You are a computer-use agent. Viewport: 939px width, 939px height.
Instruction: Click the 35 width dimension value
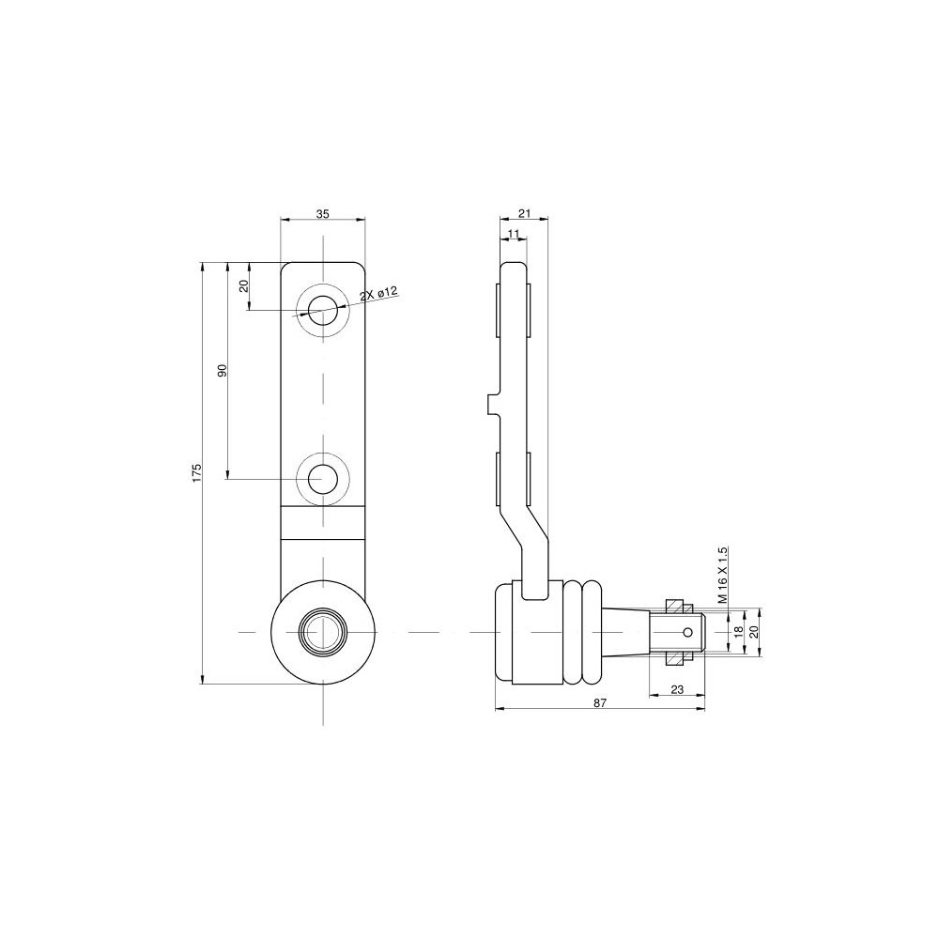(x=322, y=214)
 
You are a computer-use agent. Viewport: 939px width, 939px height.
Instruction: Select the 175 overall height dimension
(x=197, y=472)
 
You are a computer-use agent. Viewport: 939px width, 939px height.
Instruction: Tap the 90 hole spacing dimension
(x=223, y=371)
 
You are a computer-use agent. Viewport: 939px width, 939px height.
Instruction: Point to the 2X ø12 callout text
(x=378, y=295)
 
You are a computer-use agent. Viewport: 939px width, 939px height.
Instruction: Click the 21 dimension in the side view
(x=525, y=214)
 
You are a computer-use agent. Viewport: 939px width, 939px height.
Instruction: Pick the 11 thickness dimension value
(x=514, y=233)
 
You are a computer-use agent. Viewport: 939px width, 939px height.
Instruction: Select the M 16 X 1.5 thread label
(x=723, y=575)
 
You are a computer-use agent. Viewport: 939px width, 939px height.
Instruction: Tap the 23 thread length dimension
(x=677, y=690)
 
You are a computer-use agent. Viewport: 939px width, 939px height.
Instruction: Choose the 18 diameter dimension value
(x=738, y=631)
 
